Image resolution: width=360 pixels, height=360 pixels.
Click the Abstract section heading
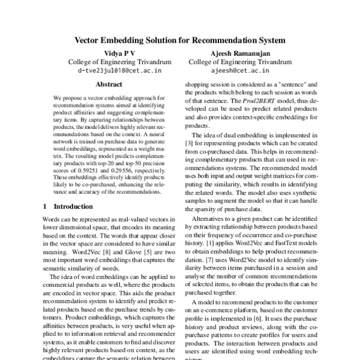(109, 85)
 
